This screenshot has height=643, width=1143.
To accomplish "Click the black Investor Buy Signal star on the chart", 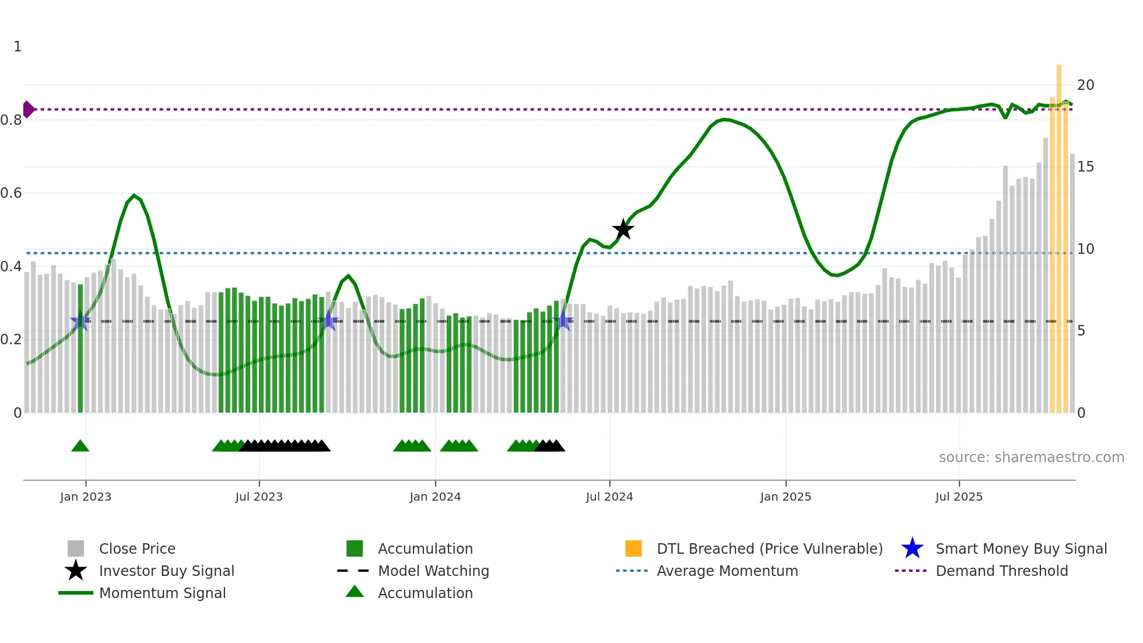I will pos(623,229).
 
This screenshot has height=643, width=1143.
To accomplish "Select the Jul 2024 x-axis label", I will pos(609,497).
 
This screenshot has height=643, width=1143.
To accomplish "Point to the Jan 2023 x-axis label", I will pos(86,497).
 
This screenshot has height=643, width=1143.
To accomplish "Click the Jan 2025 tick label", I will pos(786,497).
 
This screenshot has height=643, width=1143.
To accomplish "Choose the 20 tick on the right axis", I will pos(1085,85).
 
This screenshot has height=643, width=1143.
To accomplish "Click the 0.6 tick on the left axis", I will pos(11,193).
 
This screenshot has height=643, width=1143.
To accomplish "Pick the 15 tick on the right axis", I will pos(1085,167).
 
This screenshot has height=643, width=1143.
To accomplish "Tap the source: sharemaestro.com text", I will pos(1031,457).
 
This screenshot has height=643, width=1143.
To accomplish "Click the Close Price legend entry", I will pos(137,548).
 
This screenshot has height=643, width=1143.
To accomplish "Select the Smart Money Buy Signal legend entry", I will pos(1021,548).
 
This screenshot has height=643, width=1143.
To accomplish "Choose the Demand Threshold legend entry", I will pos(1001,571).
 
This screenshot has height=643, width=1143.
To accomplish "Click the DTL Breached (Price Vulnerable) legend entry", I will pos(769,548).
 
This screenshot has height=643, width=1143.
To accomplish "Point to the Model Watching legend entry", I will pos(433,571).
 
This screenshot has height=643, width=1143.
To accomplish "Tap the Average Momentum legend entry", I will pos(727,571).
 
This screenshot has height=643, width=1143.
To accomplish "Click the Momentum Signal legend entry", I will pos(162,593).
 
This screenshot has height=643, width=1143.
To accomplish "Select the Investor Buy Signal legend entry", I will pos(166,571).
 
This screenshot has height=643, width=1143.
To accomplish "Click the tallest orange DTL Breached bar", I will pos(1059,233).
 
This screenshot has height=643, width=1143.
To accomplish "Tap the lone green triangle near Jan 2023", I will pos(80,446).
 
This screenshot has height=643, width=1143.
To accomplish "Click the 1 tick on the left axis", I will pos(17,47).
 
